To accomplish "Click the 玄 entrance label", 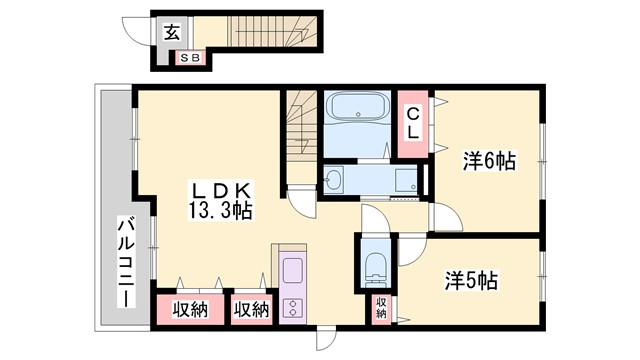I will coord(171,32).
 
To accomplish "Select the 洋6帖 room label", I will coord(488,160).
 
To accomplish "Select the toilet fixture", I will coord(376,266).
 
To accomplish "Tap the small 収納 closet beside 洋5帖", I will coord(381,307).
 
